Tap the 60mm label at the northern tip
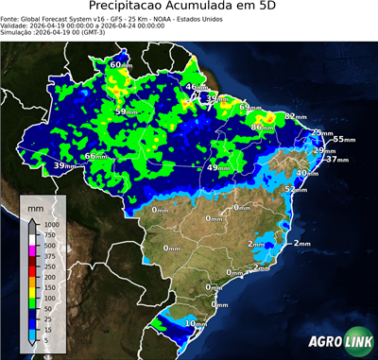click(121, 65)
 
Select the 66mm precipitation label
click(96, 156)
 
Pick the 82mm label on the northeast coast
click(296, 116)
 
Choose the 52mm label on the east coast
click(297, 189)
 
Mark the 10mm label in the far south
click(196, 324)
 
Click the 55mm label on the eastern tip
click(342, 140)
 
